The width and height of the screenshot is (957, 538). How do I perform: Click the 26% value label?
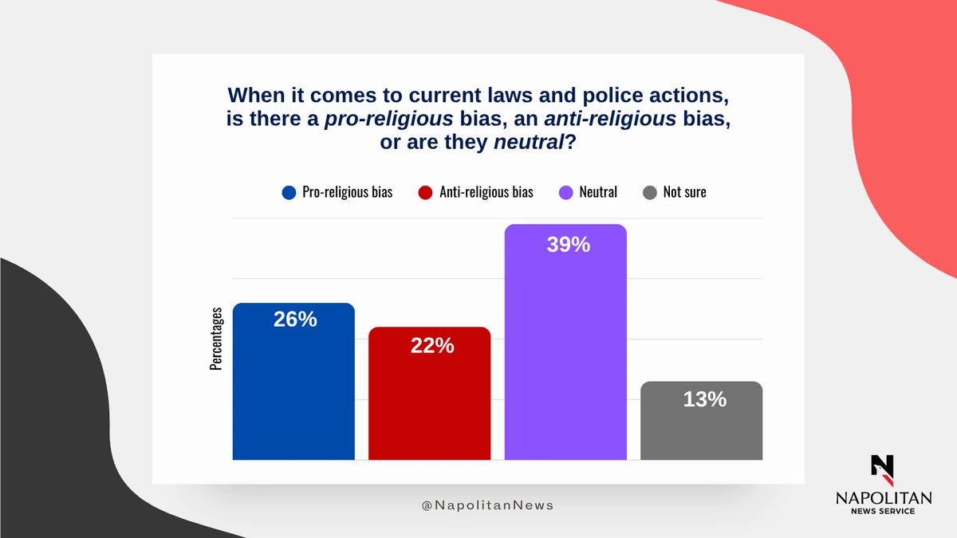[x=295, y=320]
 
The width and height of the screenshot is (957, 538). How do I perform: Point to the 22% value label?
[x=432, y=346]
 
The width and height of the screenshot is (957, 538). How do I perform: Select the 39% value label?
[x=569, y=245]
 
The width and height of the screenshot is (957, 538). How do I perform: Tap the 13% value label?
[x=705, y=399]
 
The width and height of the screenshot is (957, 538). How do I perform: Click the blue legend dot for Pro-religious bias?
[x=289, y=192]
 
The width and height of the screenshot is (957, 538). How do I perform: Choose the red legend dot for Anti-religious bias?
[x=425, y=192]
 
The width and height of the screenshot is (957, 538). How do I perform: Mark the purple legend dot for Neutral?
[x=565, y=192]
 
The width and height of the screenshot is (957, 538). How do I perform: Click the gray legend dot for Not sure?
[x=649, y=192]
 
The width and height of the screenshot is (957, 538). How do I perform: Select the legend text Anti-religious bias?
[x=486, y=192]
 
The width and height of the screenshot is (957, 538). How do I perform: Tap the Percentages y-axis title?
[x=216, y=339]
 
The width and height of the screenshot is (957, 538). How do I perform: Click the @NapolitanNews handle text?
[x=487, y=505]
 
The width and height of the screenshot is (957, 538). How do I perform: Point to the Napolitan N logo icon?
[x=883, y=469]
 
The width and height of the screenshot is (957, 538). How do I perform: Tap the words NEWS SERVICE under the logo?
[x=883, y=511]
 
